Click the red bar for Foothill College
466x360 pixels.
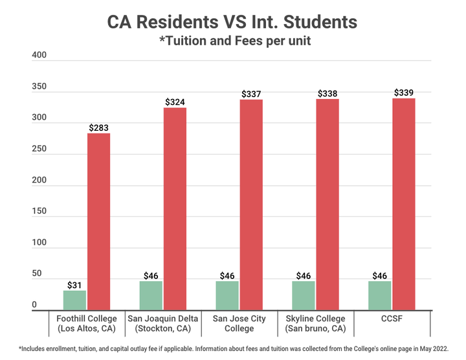pos(99,221)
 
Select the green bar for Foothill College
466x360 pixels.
pos(74,300)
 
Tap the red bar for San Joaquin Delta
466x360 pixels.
pos(175,208)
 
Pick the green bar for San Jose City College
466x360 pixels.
pos(227,295)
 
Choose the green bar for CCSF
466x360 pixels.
pos(380,295)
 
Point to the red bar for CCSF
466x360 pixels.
pos(404,204)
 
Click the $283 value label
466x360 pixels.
pos(99,128)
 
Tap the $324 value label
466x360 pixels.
pos(175,102)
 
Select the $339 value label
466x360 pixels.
pos(404,93)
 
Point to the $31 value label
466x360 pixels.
pos(74,285)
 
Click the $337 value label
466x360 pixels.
pos(251,95)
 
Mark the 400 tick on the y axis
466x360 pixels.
pos(39,56)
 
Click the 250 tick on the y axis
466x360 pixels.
pos(39,149)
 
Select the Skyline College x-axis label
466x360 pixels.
pos(315,323)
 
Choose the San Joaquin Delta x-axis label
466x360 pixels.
pos(162,323)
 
